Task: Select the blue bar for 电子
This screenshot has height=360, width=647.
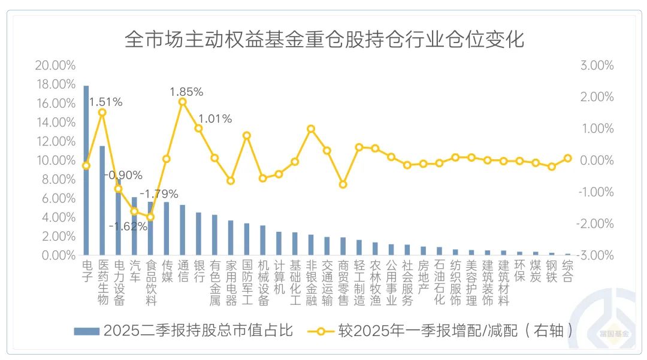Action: [x=86, y=171]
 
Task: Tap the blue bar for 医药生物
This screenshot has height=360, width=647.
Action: [x=102, y=201]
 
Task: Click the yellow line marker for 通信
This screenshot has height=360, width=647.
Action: [x=183, y=102]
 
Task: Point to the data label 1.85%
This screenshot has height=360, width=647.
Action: [x=186, y=92]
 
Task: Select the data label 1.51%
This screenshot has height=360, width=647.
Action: [x=105, y=102]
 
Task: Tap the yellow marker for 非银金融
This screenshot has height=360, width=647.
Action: [x=311, y=129]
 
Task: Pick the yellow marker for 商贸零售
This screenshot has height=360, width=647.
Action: [x=343, y=184]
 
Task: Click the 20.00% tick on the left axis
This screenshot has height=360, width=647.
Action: [x=55, y=65]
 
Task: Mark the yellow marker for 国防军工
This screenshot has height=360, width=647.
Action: [x=247, y=135]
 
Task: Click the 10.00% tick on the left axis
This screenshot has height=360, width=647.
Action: [x=55, y=160]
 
